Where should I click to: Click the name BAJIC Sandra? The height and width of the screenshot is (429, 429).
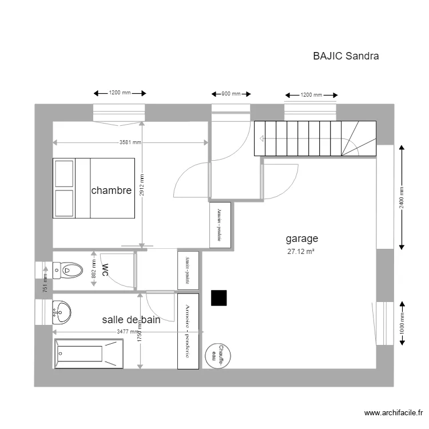click(345, 56)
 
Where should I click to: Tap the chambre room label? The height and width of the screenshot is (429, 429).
click(111, 190)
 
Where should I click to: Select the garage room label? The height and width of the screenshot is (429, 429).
click(301, 239)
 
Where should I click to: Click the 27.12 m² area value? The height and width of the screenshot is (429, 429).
click(301, 251)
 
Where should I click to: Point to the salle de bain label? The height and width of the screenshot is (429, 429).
click(131, 320)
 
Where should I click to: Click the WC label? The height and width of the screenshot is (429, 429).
click(105, 269)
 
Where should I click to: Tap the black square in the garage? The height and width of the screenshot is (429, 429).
click(219, 298)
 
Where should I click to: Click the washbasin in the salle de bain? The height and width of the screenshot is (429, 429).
click(62, 311)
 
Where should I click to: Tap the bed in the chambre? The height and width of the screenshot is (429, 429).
click(93, 188)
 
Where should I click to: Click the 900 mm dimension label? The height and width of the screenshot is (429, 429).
click(227, 94)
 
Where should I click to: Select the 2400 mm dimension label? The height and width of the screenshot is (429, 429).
click(402, 197)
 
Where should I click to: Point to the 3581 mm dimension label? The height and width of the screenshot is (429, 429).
click(130, 142)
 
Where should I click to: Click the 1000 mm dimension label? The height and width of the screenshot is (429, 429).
click(402, 323)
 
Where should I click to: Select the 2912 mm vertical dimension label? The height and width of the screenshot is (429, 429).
click(142, 185)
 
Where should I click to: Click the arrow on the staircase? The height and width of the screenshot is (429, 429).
click(261, 138)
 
